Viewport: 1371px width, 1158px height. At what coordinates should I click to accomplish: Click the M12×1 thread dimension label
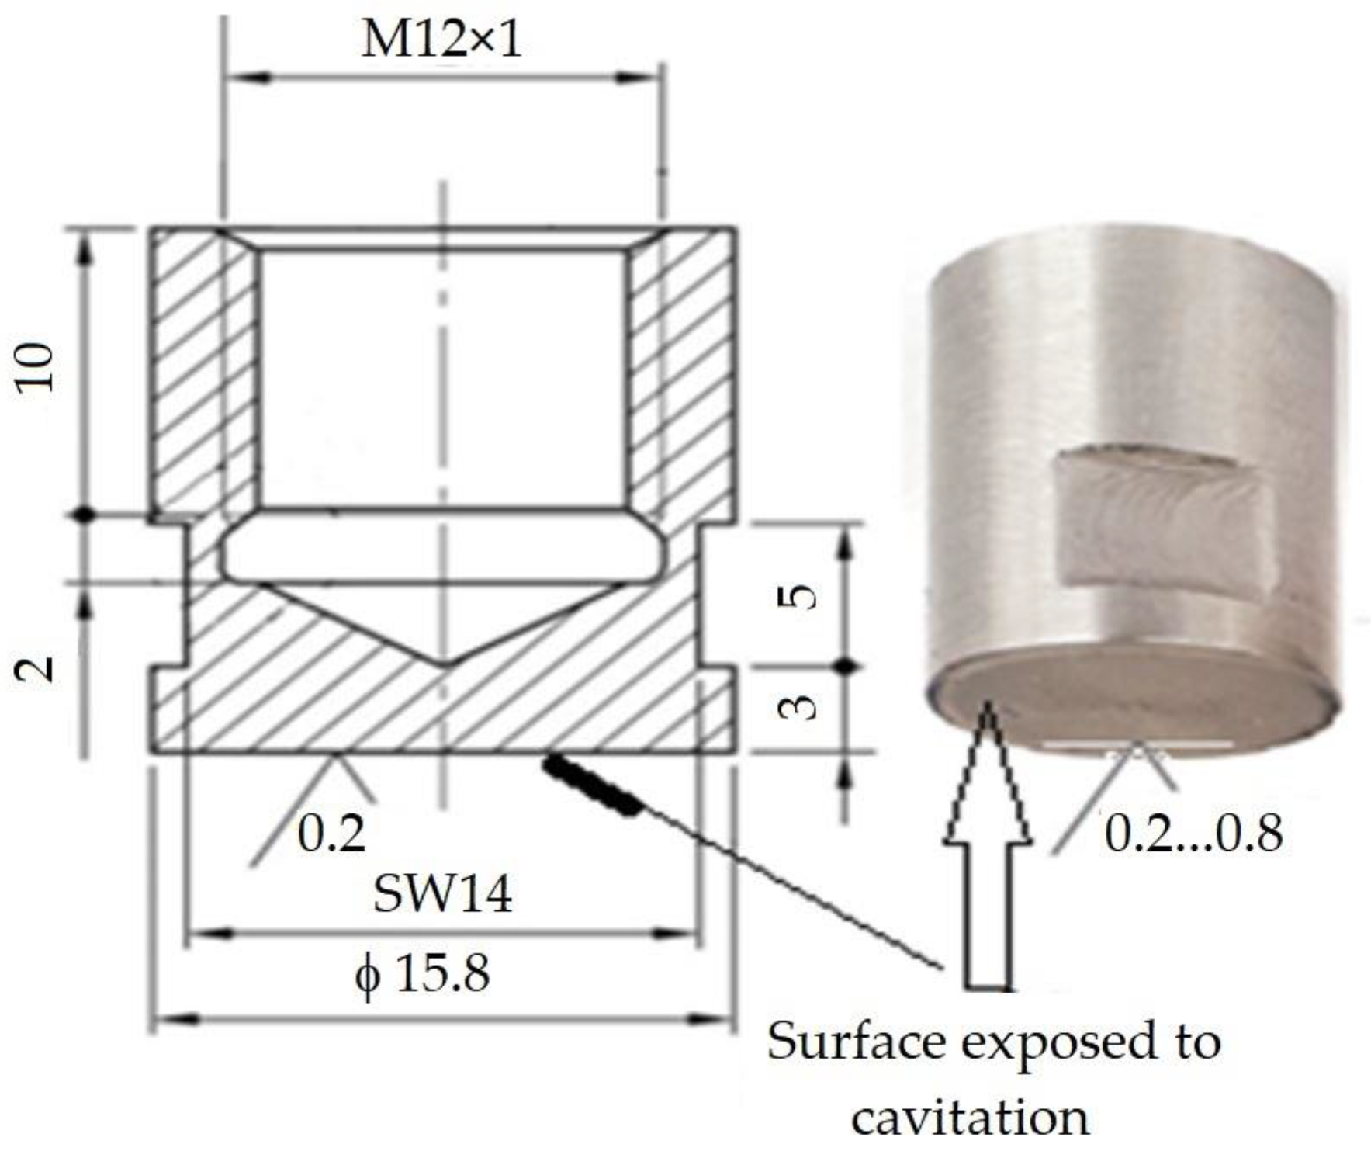coord(441,40)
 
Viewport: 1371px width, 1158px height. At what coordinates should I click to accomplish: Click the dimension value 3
coord(798,706)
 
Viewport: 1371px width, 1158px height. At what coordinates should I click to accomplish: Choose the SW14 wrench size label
coord(442,894)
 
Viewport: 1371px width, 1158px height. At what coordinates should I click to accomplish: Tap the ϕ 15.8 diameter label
coord(423,973)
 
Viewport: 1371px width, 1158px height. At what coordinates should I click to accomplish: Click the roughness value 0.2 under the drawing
coord(332,834)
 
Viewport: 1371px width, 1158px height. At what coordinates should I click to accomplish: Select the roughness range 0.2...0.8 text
coord(1193,834)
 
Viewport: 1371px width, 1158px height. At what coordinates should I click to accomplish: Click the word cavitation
coord(970,1118)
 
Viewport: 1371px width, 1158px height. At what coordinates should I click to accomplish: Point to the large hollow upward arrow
coord(988,854)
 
